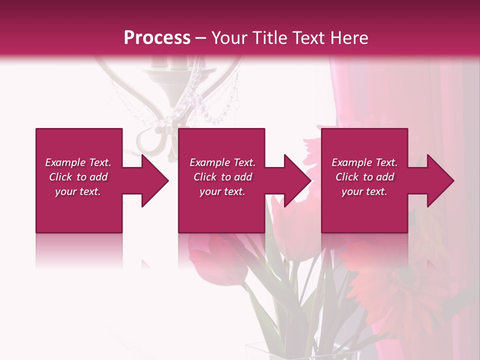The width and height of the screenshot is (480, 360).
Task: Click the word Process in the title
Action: pyautogui.click(x=157, y=38)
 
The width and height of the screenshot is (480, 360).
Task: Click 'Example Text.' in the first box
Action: pyautogui.click(x=78, y=162)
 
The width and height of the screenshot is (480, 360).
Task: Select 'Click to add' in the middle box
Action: pyautogui.click(x=222, y=177)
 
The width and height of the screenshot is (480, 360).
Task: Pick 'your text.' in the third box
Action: pyautogui.click(x=364, y=191)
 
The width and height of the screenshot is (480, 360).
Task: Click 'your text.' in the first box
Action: pyautogui.click(x=78, y=191)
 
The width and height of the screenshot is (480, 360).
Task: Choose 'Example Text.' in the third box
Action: pyautogui.click(x=364, y=162)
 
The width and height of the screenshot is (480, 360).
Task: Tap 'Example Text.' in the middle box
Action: pyautogui.click(x=222, y=162)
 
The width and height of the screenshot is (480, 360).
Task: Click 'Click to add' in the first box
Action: pyautogui.click(x=78, y=177)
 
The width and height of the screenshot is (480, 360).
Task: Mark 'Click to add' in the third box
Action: pyautogui.click(x=364, y=177)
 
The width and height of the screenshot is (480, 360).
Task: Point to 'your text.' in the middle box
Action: pyautogui.click(x=222, y=191)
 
